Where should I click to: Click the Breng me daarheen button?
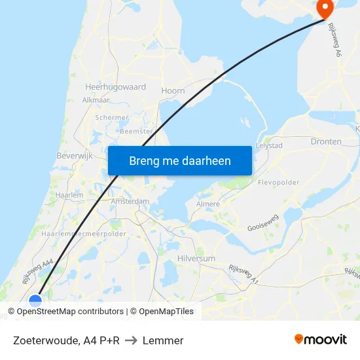pyautogui.click(x=180, y=160)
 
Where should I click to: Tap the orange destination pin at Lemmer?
pyautogui.click(x=324, y=9)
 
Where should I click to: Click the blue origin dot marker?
pyautogui.click(x=35, y=301)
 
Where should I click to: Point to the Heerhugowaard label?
pyautogui.click(x=115, y=86)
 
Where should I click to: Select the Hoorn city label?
pyautogui.click(x=173, y=91)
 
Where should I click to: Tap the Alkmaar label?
pyautogui.click(x=96, y=100)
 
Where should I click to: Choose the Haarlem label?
pyautogui.click(x=69, y=195)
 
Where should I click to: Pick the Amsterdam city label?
pyautogui.click(x=130, y=201)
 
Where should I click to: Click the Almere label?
pyautogui.click(x=208, y=204)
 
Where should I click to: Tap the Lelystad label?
pyautogui.click(x=269, y=145)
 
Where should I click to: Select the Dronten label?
pyautogui.click(x=327, y=141)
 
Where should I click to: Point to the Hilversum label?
pyautogui.click(x=196, y=259)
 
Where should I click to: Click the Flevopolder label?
pyautogui.click(x=278, y=182)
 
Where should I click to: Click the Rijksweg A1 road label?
pyautogui.click(x=244, y=274)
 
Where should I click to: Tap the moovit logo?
pyautogui.click(x=321, y=340)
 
